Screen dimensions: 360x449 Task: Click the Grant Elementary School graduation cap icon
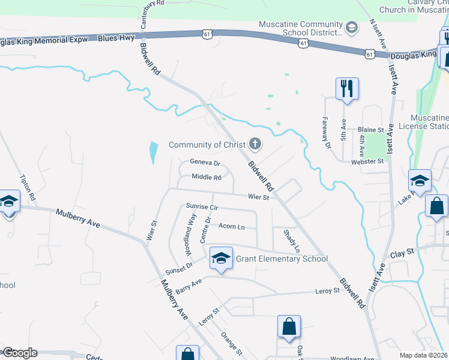221,259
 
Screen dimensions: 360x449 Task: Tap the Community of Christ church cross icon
256,144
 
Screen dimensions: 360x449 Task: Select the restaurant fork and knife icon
346,89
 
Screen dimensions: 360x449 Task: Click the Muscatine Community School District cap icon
352,28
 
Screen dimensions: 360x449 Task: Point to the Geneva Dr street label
205,163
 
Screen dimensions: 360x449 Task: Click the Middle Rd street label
206,177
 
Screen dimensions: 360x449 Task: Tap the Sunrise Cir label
201,206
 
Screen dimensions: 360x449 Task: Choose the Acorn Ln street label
232,226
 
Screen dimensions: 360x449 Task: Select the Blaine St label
370,130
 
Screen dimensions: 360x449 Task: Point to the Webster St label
367,161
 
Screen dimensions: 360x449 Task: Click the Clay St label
403,254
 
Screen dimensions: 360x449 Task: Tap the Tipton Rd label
28,188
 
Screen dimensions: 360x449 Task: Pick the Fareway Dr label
327,133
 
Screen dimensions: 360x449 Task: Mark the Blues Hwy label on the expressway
116,38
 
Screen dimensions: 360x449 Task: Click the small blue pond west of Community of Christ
153,152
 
